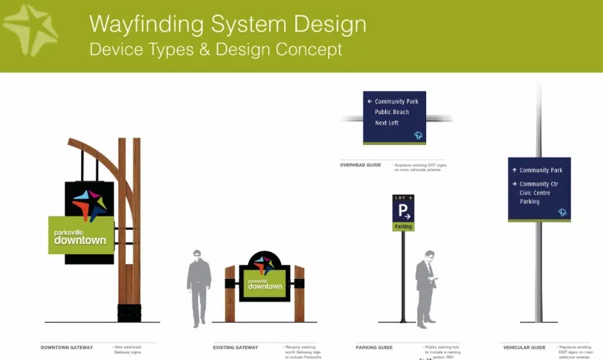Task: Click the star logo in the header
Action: (31, 30)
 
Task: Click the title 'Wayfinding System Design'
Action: (228, 24)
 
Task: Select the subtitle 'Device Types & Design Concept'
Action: (215, 50)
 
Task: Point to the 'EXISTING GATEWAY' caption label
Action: (235, 347)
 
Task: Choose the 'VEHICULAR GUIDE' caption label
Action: (525, 347)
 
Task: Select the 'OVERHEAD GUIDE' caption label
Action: (360, 164)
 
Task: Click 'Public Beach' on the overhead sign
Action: (392, 112)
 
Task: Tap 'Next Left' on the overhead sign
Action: (387, 123)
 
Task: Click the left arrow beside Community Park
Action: (369, 101)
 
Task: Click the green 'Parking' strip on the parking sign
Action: (403, 227)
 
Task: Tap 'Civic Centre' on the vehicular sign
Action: (535, 193)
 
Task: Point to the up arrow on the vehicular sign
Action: (514, 170)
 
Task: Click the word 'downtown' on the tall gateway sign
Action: (80, 240)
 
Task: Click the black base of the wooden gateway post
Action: (129, 312)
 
